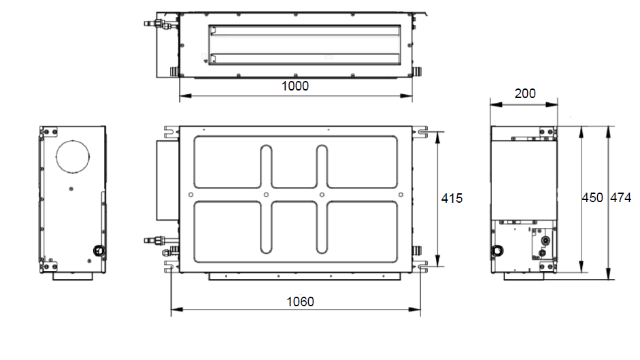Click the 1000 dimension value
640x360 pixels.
[295, 86]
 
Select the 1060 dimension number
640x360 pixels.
[300, 302]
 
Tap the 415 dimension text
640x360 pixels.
[452, 199]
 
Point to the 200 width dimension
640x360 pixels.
[525, 94]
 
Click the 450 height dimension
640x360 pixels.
[592, 198]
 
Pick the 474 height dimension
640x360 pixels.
[620, 198]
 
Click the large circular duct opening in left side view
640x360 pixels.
[73, 157]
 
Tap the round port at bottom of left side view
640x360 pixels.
[99, 250]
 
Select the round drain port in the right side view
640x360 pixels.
[497, 250]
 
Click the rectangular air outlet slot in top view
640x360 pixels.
[305, 45]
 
